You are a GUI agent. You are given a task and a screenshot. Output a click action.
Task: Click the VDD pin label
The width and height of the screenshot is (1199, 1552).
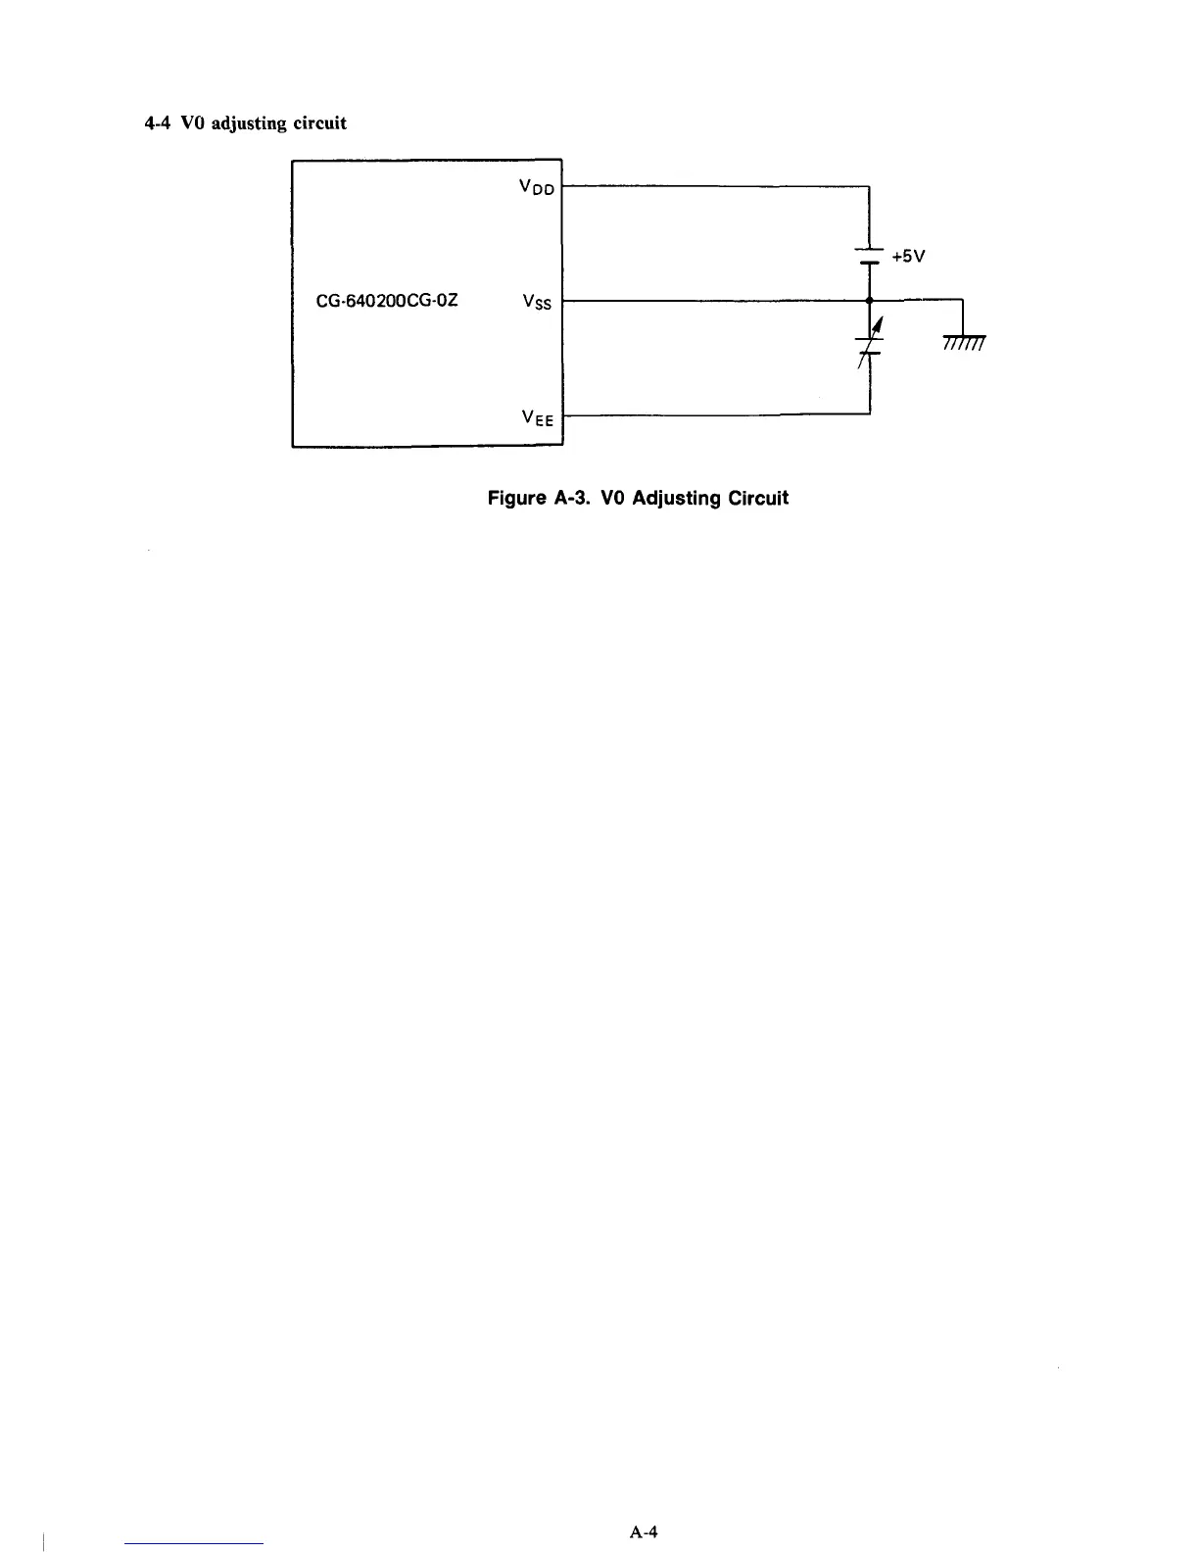pyautogui.click(x=538, y=186)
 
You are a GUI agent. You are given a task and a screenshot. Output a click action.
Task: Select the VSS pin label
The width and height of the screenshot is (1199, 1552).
pyautogui.click(x=538, y=302)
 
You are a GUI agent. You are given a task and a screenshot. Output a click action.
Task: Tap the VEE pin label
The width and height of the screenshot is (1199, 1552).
pyautogui.click(x=538, y=418)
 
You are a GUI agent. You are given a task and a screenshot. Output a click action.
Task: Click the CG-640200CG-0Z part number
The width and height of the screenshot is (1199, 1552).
pyautogui.click(x=387, y=301)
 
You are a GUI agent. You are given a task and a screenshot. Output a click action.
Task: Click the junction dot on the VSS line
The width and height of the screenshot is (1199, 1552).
pyautogui.click(x=870, y=300)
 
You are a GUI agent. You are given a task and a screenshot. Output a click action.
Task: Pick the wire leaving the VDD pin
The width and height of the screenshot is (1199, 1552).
pyautogui.click(x=715, y=185)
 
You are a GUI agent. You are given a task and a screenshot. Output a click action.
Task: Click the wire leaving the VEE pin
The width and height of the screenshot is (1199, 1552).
pyautogui.click(x=715, y=415)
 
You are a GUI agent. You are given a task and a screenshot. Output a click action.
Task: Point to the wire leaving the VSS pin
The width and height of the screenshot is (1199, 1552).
pyautogui.click(x=715, y=300)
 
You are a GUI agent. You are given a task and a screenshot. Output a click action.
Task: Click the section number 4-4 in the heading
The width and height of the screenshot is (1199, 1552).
pyautogui.click(x=157, y=123)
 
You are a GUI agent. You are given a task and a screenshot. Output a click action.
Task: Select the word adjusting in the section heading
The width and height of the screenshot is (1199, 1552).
pyautogui.click(x=245, y=124)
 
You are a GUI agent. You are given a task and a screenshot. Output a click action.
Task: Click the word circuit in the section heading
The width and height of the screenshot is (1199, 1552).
pyautogui.click(x=320, y=123)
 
